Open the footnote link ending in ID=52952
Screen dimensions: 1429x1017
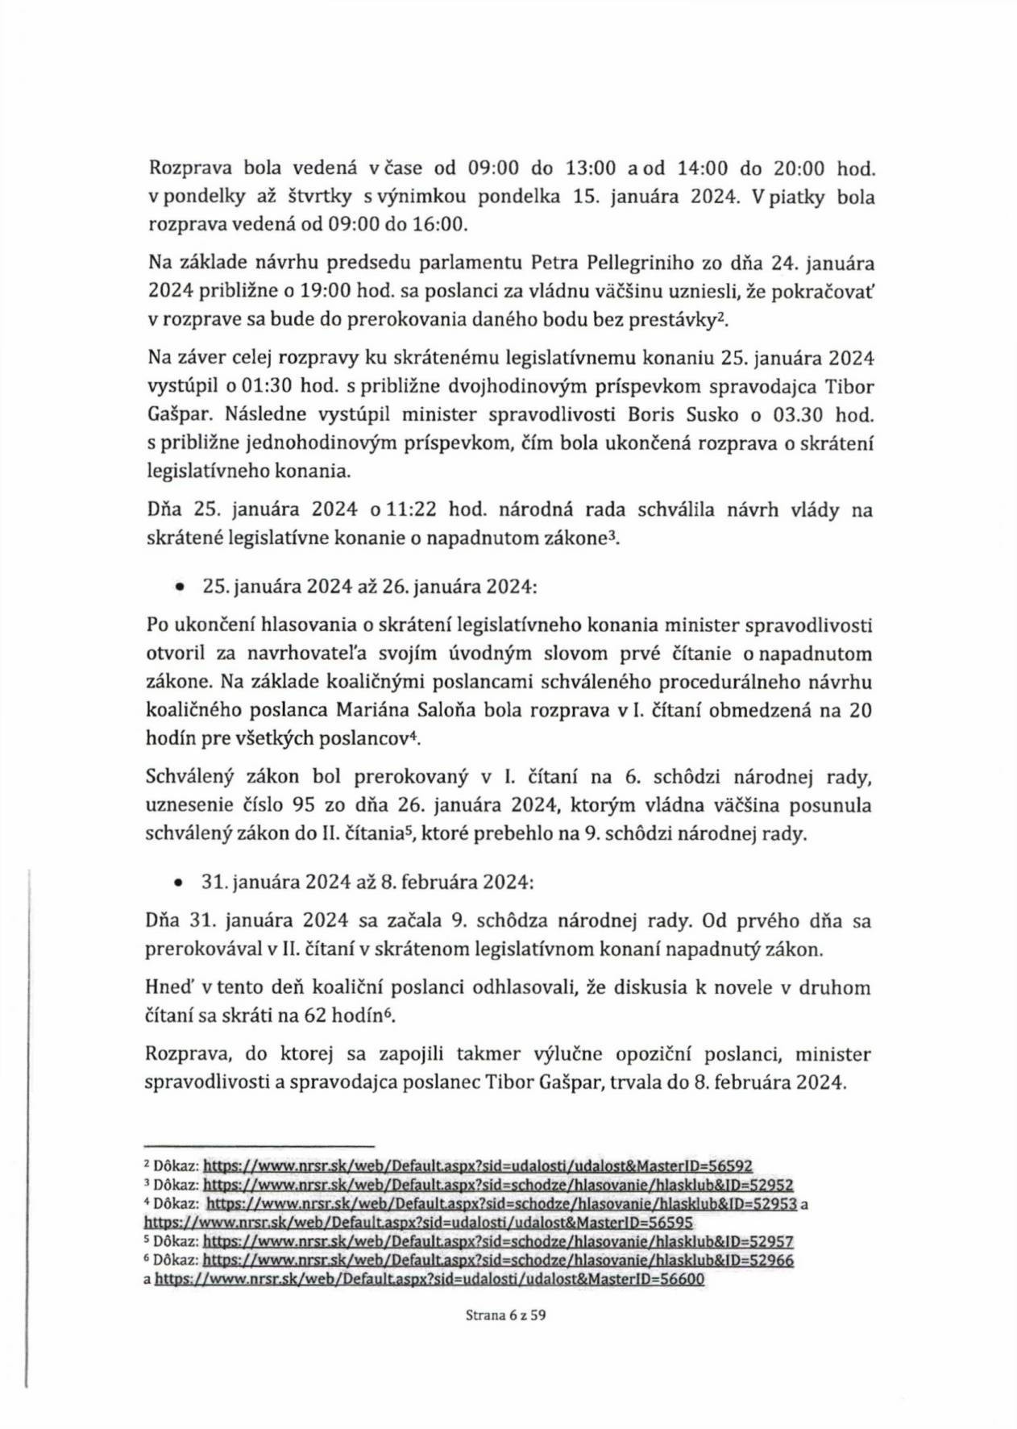point(498,1185)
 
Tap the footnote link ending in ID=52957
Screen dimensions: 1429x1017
point(498,1242)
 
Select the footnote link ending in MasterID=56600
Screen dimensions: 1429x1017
point(430,1280)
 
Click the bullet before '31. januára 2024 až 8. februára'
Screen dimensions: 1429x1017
point(178,883)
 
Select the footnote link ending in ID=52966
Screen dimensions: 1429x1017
point(498,1261)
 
